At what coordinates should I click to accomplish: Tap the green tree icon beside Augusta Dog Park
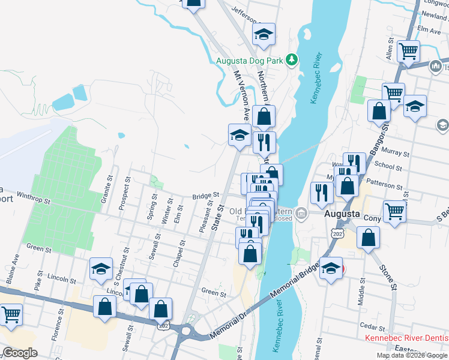point(292,59)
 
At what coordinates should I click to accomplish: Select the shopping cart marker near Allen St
point(408,52)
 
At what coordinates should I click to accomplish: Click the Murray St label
point(397,154)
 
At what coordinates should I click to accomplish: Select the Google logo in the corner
point(20,353)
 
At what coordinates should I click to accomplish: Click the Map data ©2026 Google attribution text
point(411,355)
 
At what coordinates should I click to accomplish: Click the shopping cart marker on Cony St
point(394,211)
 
